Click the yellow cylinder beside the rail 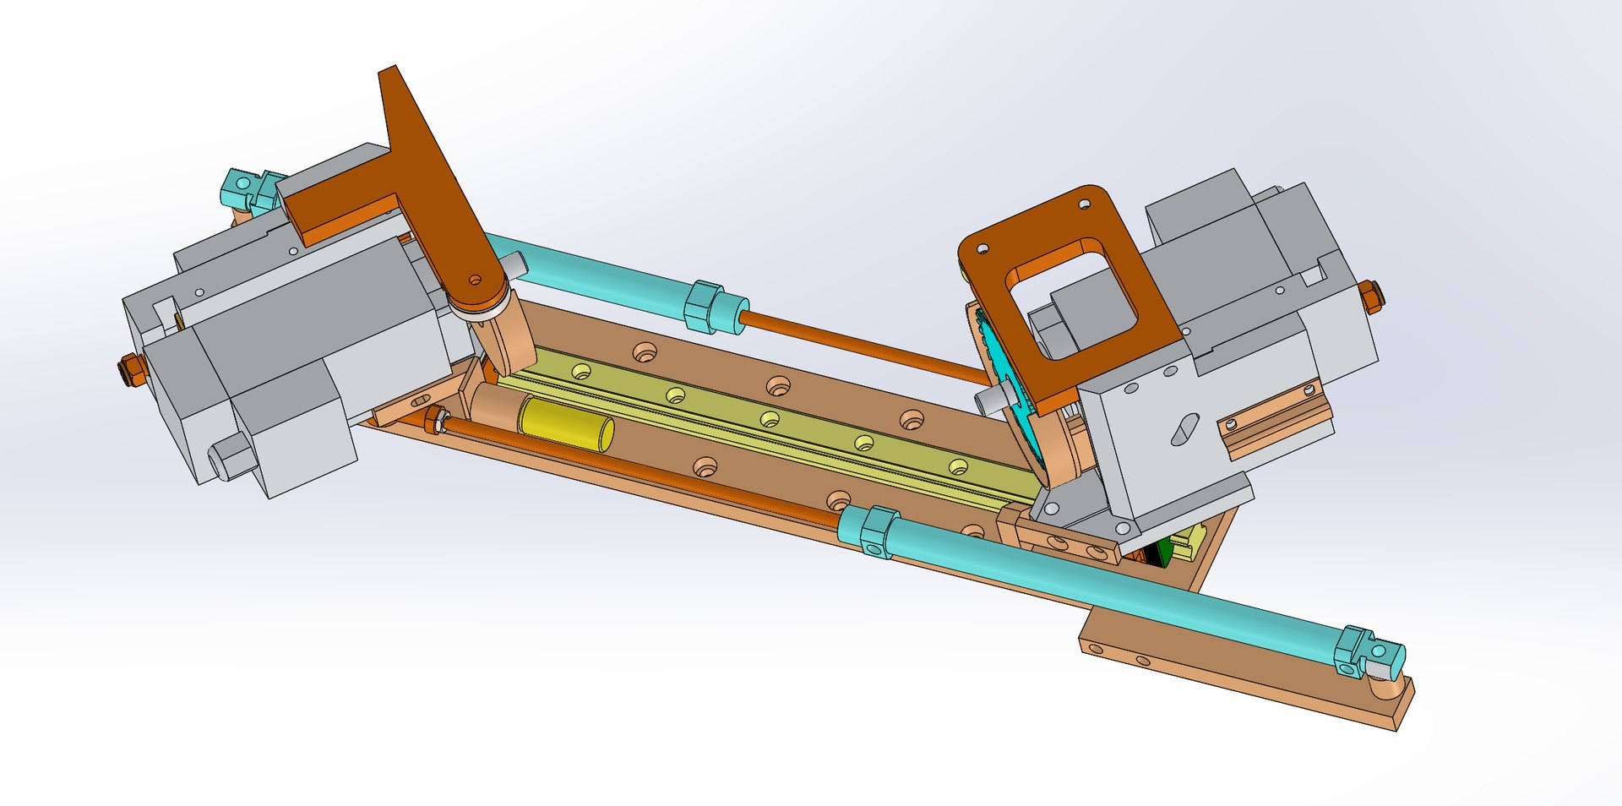click(564, 424)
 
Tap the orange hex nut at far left click(131, 371)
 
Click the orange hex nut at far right click(1371, 297)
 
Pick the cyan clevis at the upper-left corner click(242, 188)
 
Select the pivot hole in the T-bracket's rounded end click(475, 280)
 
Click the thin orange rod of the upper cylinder click(862, 346)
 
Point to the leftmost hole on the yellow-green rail click(580, 371)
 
